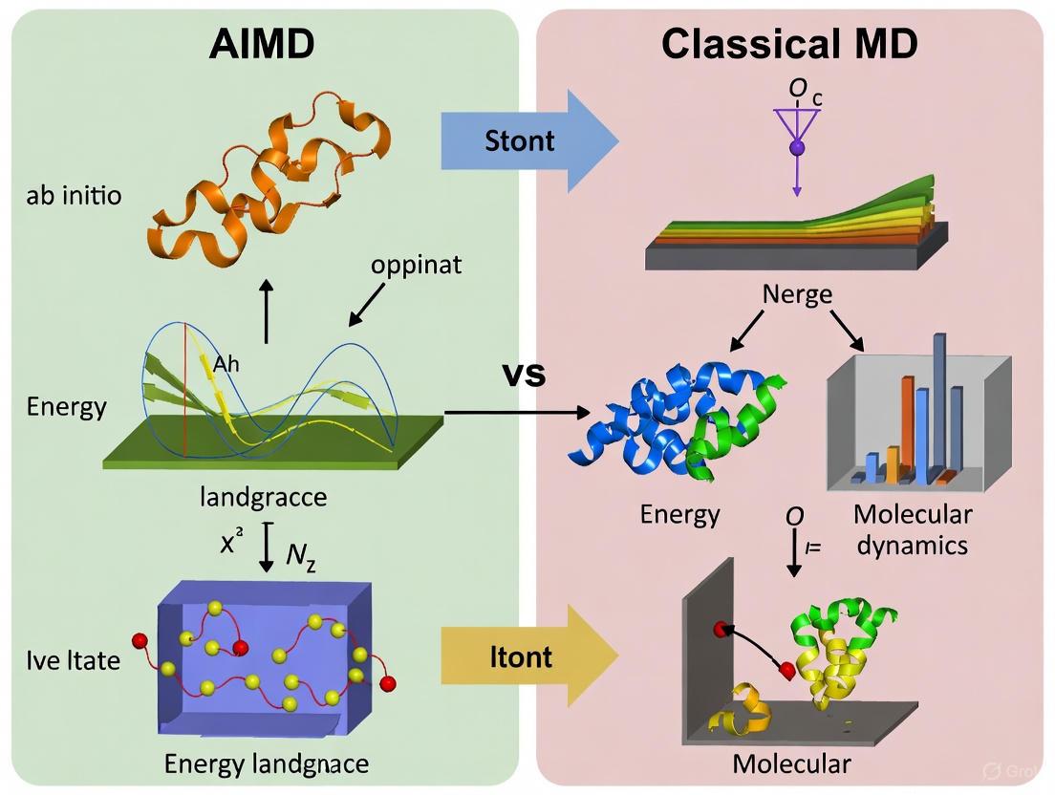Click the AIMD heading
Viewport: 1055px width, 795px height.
[263, 45]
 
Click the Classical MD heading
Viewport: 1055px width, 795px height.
[789, 45]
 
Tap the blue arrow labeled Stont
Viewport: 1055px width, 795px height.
[521, 141]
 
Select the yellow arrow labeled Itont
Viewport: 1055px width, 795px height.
[521, 657]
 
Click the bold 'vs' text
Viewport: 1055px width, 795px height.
[525, 374]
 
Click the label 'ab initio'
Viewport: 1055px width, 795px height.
[75, 198]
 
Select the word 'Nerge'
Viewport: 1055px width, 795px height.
[797, 294]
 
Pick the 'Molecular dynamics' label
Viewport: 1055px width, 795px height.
[913, 528]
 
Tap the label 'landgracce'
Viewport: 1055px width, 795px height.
[264, 497]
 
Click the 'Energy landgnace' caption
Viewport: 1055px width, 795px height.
[267, 763]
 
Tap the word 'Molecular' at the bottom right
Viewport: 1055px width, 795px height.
[791, 763]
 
